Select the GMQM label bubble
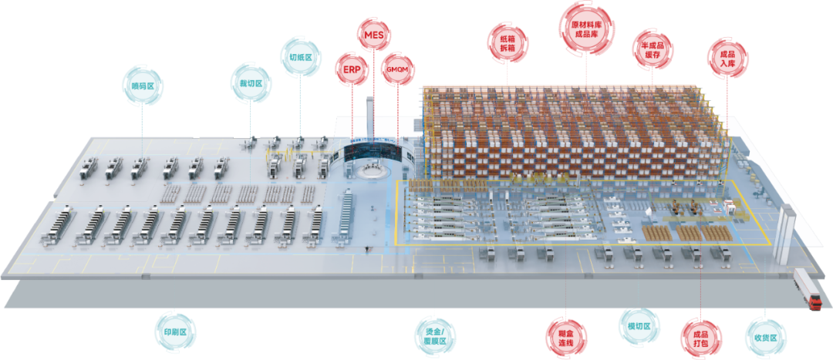pos(399,68)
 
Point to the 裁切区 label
pos(251,82)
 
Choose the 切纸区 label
pos(300,56)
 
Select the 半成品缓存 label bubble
pos(652,49)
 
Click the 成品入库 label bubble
pos(727,59)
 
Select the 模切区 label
pos(639,326)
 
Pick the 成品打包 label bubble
pos(700,336)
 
